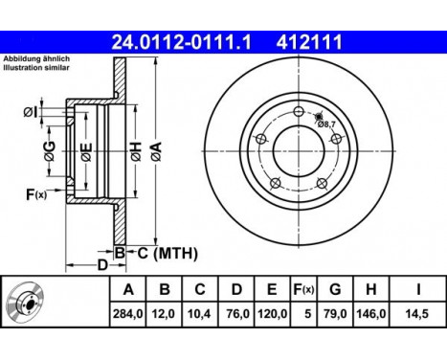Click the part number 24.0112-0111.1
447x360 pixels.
point(182,42)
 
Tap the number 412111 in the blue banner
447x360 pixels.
point(309,42)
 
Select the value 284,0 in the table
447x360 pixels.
point(127,314)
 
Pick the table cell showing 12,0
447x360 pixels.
point(164,314)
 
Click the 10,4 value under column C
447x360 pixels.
point(199,314)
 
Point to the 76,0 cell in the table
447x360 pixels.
point(237,314)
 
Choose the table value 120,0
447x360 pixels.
point(272,314)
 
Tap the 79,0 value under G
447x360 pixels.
point(335,314)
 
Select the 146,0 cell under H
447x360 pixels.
point(370,314)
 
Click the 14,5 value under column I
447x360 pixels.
point(417,314)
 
